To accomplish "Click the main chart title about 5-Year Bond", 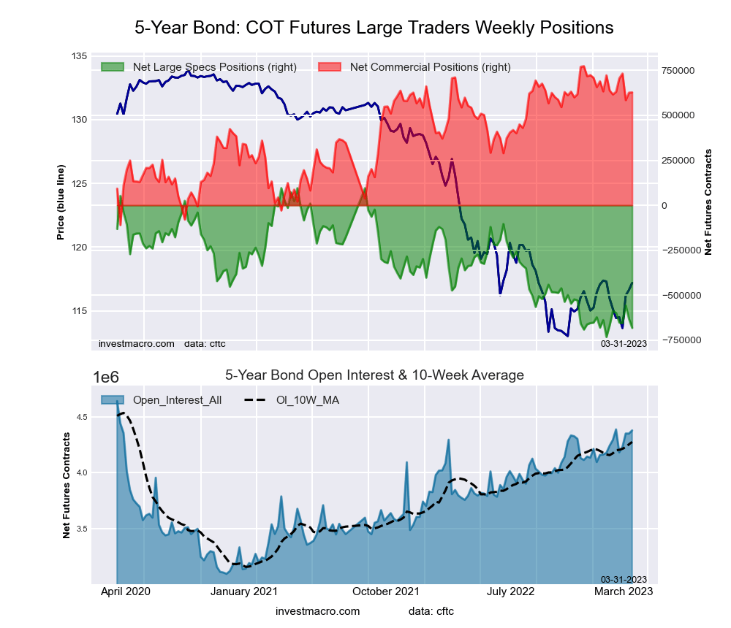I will pos(374,28).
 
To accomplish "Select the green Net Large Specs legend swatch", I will pos(113,67).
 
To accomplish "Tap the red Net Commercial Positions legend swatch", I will pos(331,67).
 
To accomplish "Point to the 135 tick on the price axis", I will pos(79,56).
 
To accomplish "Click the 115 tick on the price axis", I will pos(79,311).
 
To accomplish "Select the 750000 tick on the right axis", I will pos(678,70).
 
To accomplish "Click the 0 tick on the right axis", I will pos(665,205).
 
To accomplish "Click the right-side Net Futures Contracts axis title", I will pos(708,202).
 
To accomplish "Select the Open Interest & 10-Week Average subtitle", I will pos(374,375).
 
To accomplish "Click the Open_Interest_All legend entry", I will pos(161,399).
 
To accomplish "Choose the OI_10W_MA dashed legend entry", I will pos(292,399).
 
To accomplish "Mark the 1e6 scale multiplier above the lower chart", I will pos(107,377).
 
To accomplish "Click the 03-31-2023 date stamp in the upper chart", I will pos(624,342).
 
